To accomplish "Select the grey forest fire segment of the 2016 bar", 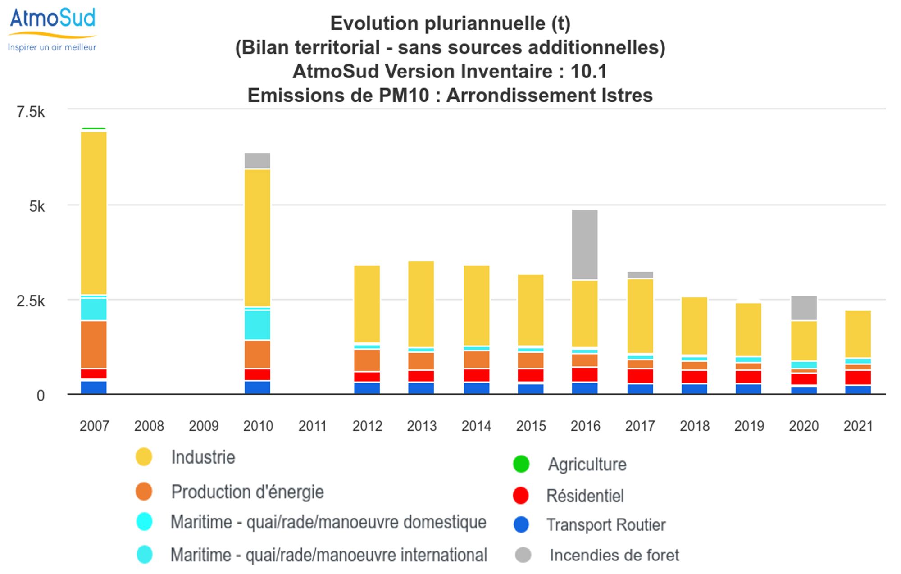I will (x=585, y=245).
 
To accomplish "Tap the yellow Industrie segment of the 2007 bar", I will (x=94, y=213).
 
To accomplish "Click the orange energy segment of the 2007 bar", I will (x=94, y=345).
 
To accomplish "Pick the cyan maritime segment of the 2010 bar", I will (x=257, y=325).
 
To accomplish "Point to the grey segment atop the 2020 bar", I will (x=804, y=308).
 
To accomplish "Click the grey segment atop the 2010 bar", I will (x=257, y=160).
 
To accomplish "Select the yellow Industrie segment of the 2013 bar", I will (x=421, y=304).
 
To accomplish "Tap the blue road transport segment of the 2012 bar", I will (x=367, y=388).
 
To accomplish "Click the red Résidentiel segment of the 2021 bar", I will (x=858, y=378).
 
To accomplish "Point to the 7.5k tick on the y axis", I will (x=31, y=112).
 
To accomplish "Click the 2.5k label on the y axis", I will (x=31, y=301).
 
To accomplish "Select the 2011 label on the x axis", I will (x=312, y=426).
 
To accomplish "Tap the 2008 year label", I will (x=149, y=426).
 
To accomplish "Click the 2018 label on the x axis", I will (x=694, y=426).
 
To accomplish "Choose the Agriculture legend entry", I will (x=587, y=465).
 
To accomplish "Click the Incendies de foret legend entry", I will (x=614, y=555).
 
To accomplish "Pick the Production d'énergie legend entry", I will (x=247, y=492).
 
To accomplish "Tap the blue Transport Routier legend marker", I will (x=521, y=525).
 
